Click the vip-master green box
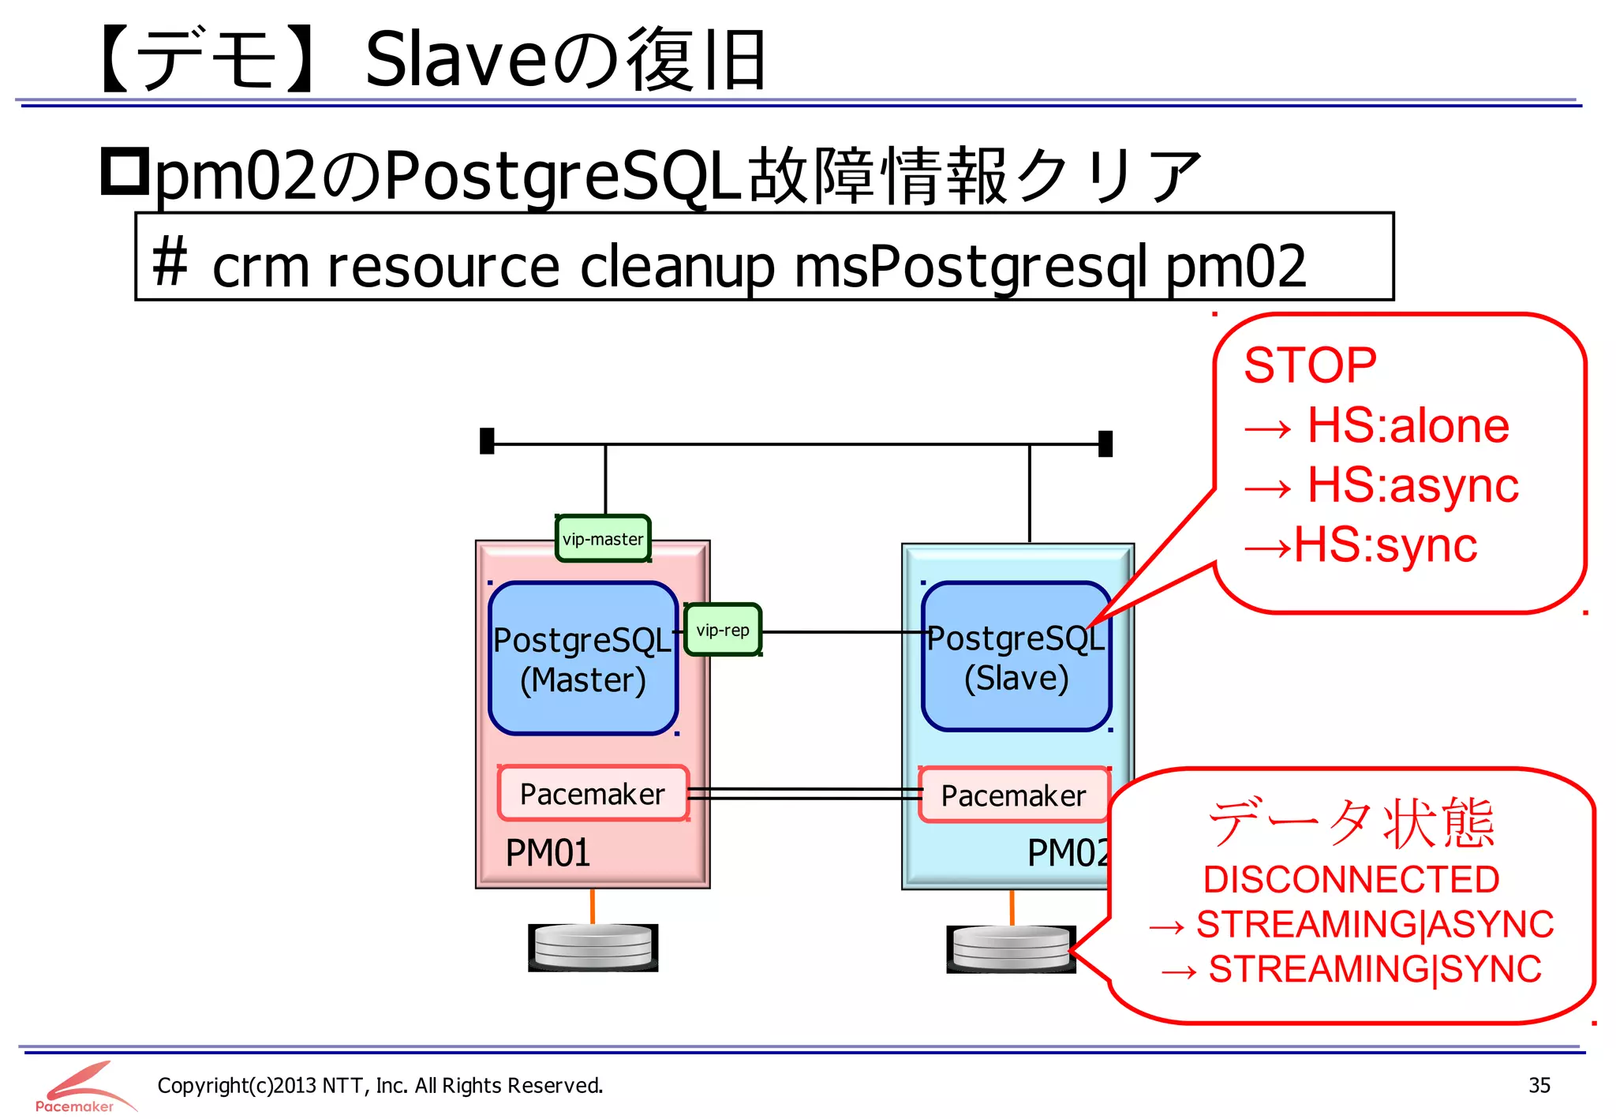coord(603,539)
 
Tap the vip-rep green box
coord(723,630)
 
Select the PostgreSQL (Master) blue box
coord(582,659)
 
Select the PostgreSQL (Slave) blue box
coord(1016,657)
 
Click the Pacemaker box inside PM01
coord(593,794)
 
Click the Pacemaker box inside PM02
coord(1013,795)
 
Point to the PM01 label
coord(548,853)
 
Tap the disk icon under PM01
coord(593,947)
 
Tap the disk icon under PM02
coord(1011,948)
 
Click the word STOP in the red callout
coord(1310,365)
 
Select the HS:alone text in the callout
coord(1408,425)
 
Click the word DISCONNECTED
coord(1351,879)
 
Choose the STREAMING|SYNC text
coord(1375,969)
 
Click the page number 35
coord(1539,1085)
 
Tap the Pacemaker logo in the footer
coord(79,1087)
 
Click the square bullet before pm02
coord(125,172)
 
